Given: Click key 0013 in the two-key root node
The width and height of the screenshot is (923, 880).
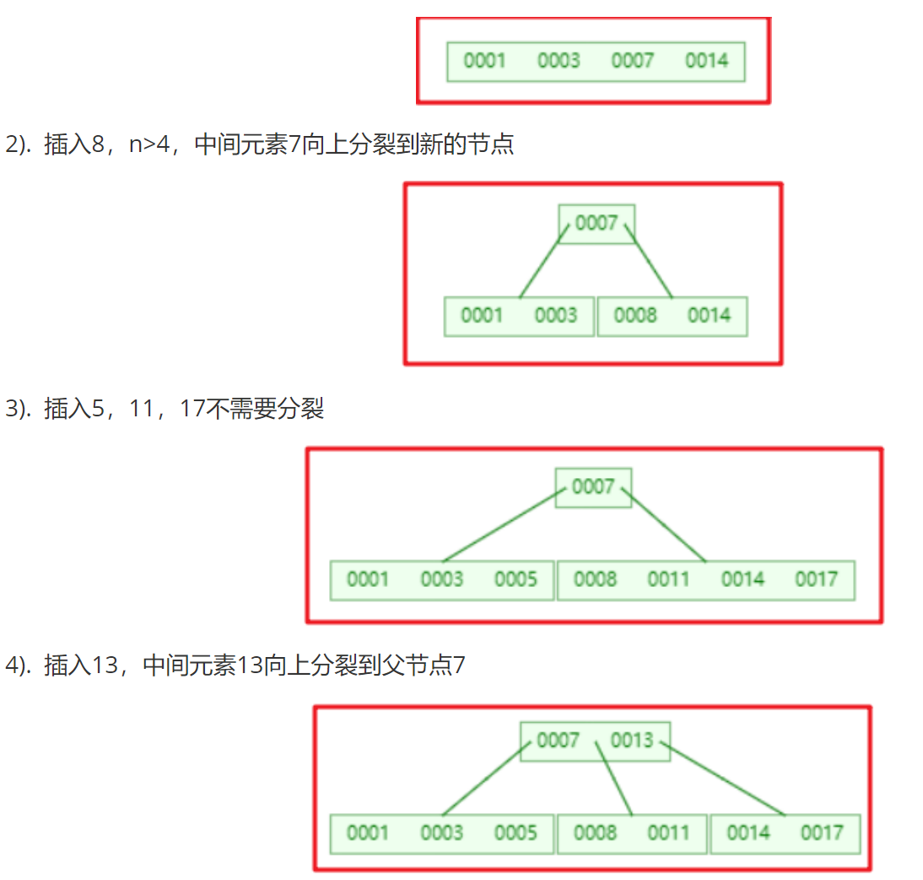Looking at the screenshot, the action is click(x=632, y=740).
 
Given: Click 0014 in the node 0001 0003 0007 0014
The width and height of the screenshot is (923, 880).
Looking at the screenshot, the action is click(x=706, y=60).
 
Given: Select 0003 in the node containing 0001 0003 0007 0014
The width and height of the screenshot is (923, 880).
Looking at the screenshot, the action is click(x=559, y=60).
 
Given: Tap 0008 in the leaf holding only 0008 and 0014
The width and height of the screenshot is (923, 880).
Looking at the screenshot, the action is click(x=635, y=315).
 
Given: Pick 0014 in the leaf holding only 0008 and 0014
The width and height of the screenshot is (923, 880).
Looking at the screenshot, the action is click(x=709, y=315).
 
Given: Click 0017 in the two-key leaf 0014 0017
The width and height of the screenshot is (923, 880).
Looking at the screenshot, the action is click(x=822, y=833).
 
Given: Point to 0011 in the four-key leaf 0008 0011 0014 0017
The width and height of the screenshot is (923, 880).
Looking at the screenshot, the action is click(x=669, y=579).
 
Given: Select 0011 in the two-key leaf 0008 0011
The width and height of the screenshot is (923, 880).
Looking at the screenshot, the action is click(x=669, y=833).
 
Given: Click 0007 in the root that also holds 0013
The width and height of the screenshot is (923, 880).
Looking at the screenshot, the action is click(x=558, y=740).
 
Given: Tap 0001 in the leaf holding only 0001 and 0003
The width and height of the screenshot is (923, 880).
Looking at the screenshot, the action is click(x=482, y=315).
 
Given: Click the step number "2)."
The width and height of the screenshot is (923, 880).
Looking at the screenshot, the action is click(x=19, y=144).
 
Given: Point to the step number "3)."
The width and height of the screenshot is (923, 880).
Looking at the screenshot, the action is click(x=19, y=409).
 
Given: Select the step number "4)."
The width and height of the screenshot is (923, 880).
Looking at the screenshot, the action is click(x=19, y=665).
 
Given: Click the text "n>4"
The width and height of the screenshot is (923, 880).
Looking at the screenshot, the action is click(x=149, y=144).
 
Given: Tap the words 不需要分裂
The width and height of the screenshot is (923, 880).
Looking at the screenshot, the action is click(x=266, y=409).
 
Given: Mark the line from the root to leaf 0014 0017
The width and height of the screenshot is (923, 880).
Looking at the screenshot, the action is click(x=723, y=779).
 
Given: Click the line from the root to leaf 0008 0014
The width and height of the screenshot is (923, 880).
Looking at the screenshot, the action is click(x=648, y=260).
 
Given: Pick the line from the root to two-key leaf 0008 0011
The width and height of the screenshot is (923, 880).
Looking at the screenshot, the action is click(x=613, y=779).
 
